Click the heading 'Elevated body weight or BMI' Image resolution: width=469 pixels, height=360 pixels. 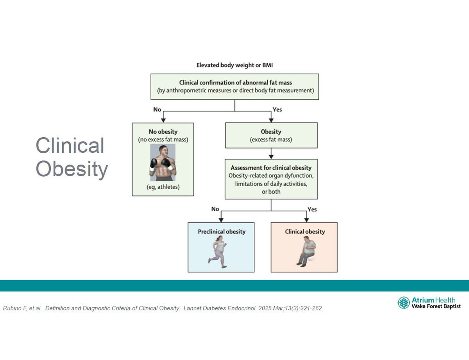(x=234, y=65)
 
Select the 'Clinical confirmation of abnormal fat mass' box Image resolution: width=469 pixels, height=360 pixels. (x=234, y=86)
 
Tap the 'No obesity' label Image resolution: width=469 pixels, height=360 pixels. (x=163, y=131)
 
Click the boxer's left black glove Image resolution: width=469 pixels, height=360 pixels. (x=154, y=163)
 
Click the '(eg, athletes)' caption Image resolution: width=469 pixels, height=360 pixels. (x=163, y=187)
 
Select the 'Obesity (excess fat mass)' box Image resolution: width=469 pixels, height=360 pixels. (x=271, y=135)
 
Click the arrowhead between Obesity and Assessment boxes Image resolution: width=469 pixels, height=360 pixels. (x=271, y=157)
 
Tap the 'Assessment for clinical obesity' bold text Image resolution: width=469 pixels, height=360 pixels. (x=271, y=168)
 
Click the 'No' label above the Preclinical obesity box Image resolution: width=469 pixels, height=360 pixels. (x=215, y=209)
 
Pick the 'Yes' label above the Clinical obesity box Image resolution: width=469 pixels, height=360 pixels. (x=312, y=210)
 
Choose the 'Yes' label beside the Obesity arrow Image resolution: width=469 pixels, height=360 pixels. (x=277, y=109)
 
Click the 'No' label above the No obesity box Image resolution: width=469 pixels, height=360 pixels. (x=157, y=109)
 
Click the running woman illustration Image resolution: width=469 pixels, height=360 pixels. (x=218, y=252)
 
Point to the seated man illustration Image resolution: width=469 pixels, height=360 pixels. (x=306, y=251)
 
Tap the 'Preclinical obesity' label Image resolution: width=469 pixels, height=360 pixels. (x=222, y=231)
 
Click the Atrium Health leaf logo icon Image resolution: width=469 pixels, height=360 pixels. (x=404, y=303)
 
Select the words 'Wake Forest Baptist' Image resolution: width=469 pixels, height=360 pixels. (x=436, y=306)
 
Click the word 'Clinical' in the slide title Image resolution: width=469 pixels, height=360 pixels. (x=70, y=145)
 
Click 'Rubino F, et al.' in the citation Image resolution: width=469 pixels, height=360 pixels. (x=22, y=308)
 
